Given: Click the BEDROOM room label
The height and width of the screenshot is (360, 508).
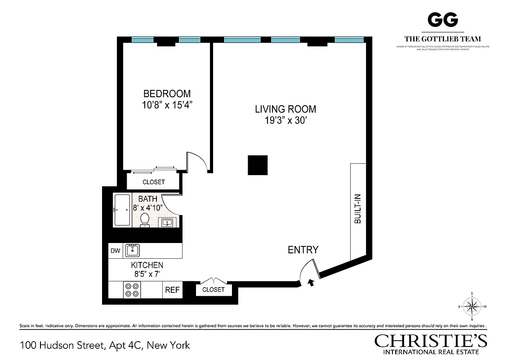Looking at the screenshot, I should pyautogui.click(x=167, y=94).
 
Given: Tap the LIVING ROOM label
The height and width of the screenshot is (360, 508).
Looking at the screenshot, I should pyautogui.click(x=285, y=109).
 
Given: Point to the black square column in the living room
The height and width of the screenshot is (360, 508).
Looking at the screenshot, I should pyautogui.click(x=258, y=165).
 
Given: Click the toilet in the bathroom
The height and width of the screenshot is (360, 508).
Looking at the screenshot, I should pyautogui.click(x=145, y=220).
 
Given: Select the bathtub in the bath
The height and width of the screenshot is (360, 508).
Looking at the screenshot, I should pyautogui.click(x=122, y=210).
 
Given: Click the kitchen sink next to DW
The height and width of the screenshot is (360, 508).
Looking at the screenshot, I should pyautogui.click(x=133, y=250).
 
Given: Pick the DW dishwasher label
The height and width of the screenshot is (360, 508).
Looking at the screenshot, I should pyautogui.click(x=116, y=251).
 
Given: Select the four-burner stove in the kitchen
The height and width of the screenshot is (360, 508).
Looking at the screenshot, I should pyautogui.click(x=132, y=289).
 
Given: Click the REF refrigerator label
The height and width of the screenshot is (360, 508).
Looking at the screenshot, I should pyautogui.click(x=172, y=290).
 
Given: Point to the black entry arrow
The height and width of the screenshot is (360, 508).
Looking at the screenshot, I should pyautogui.click(x=310, y=283).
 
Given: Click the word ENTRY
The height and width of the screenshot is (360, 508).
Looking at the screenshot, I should pyautogui.click(x=303, y=250).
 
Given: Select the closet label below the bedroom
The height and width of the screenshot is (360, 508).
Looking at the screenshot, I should pyautogui.click(x=154, y=182).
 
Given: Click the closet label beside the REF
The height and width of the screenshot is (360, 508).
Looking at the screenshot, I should pyautogui.click(x=214, y=289).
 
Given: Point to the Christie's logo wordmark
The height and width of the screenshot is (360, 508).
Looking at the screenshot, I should pyautogui.click(x=431, y=341).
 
